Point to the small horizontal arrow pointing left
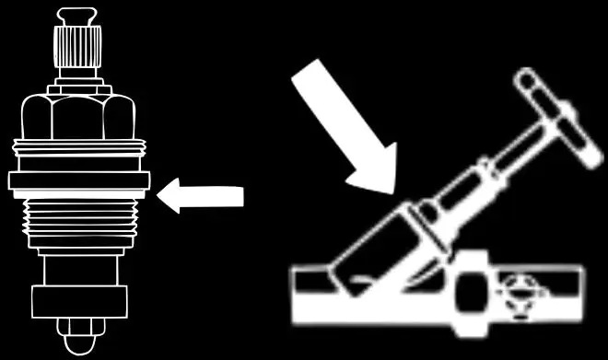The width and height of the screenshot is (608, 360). point(201,195)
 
